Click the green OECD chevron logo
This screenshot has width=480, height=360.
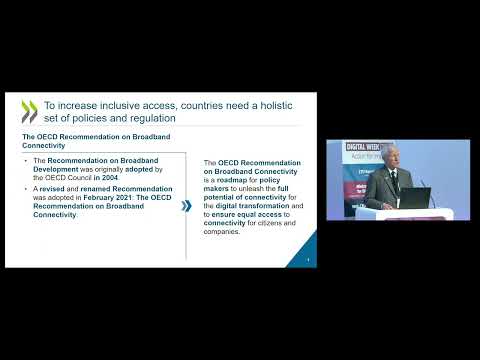[29, 110]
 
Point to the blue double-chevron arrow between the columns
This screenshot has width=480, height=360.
[186, 206]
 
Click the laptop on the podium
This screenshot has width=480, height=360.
[415, 197]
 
